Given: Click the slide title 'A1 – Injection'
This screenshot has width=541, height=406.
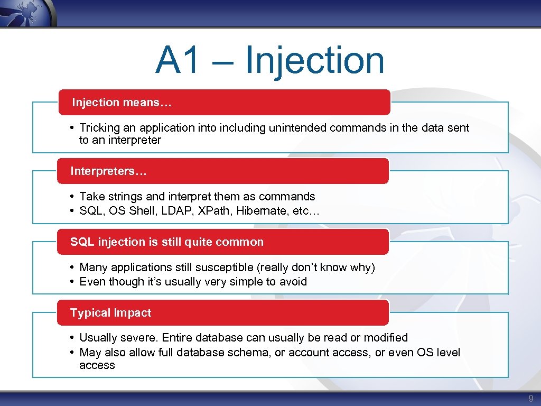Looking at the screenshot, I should [x=270, y=60].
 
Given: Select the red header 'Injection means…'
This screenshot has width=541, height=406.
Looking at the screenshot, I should [x=122, y=103].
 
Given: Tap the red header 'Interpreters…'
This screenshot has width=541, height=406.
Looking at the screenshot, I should [x=109, y=171].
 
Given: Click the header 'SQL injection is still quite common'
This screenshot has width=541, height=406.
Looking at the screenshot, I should [x=166, y=242].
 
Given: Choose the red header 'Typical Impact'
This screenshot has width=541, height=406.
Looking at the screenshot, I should [x=110, y=313].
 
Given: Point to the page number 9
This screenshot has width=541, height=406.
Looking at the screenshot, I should [x=531, y=398].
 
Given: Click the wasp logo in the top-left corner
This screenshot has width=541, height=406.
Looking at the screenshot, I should [x=26, y=12].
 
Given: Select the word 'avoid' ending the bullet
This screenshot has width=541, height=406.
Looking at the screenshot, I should [x=293, y=282].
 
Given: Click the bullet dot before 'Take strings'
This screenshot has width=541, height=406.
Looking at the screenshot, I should [x=71, y=197].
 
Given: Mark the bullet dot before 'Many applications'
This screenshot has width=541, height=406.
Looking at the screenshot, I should [x=71, y=268].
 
